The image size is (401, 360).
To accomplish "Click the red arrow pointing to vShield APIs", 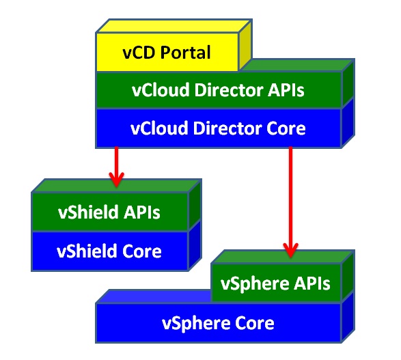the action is click(117, 167).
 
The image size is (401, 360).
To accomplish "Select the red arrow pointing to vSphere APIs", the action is click(290, 202).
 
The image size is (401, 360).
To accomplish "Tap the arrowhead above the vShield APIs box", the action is click(117, 180).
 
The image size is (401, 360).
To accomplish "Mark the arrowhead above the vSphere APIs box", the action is click(290, 250).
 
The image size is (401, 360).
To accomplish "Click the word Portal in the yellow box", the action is click(185, 53).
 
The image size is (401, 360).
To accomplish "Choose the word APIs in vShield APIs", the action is click(141, 212).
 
